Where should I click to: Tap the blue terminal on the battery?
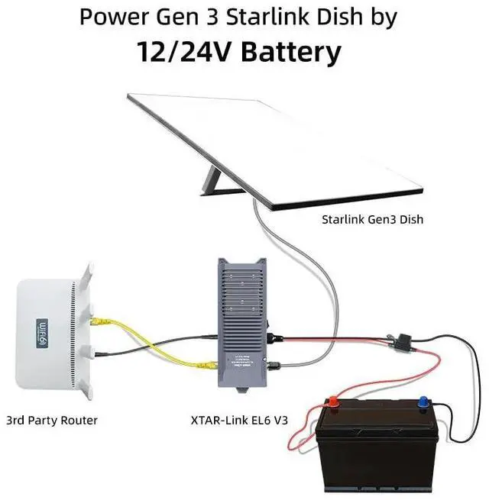(x=421, y=400)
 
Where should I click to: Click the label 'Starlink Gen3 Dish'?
(x=372, y=220)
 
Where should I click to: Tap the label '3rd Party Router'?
(x=52, y=419)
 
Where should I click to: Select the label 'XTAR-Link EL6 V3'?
(x=241, y=419)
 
